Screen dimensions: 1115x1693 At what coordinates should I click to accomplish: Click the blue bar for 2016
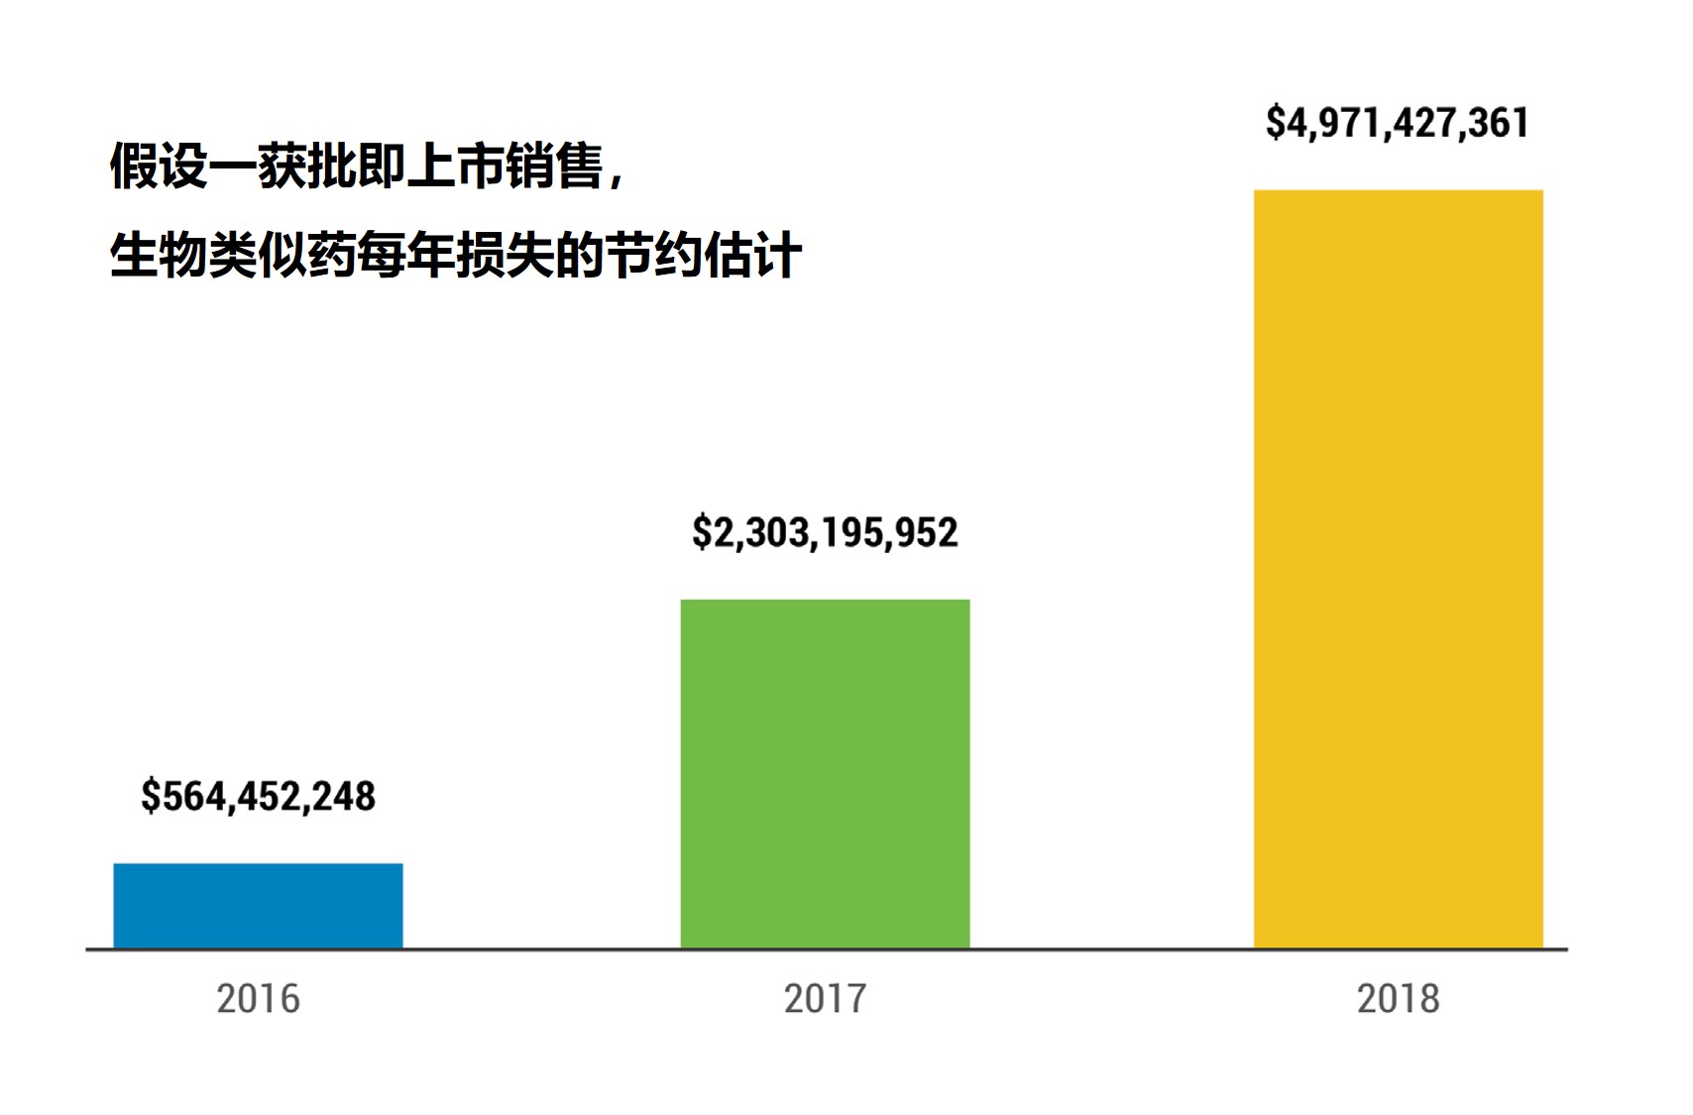pos(258,906)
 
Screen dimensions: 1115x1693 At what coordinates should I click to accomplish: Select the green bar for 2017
pos(825,773)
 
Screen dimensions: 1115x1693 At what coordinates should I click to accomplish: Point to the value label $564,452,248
pos(258,796)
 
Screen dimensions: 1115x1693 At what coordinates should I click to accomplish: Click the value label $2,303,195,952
pos(825,532)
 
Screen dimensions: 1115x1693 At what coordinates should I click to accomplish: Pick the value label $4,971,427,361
pos(1398,123)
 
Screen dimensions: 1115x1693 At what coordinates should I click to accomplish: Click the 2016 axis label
pos(258,998)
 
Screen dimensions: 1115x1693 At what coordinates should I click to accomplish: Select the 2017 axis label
pos(825,998)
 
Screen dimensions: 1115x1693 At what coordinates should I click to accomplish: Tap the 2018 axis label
pos(1398,998)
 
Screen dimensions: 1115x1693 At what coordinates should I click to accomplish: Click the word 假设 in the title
pos(159,166)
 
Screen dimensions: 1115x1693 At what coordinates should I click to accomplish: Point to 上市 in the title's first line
pos(456,166)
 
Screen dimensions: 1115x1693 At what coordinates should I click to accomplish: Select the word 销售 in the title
pos(555,166)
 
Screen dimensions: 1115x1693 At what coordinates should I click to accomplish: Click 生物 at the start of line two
pos(159,255)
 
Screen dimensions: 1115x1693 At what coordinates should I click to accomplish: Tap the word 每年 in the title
pos(406,255)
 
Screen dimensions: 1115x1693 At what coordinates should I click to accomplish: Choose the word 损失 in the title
pos(506,255)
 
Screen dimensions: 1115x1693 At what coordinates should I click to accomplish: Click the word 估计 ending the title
pos(753,255)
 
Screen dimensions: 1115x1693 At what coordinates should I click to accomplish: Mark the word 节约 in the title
pos(654,255)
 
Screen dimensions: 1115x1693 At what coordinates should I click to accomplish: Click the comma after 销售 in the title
pos(617,178)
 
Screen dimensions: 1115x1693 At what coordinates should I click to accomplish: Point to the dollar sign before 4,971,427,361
pos(1276,123)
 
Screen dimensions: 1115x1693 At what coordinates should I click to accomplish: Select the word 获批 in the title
pos(307,166)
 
